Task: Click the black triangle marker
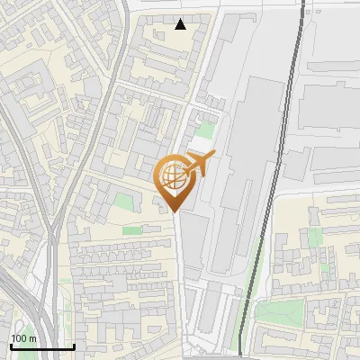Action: [181, 24]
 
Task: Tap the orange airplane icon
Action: [200, 165]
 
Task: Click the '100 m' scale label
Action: [22, 338]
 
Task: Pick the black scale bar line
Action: [41, 346]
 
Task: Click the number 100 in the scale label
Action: [18, 338]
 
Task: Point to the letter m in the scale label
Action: [31, 338]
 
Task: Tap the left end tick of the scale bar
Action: [10, 345]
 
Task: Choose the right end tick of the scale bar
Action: [74, 345]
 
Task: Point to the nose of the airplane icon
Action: [214, 159]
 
